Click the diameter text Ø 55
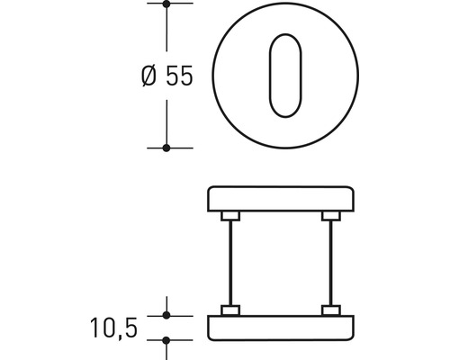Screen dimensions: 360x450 (167, 77)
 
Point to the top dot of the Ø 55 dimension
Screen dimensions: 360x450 (166, 4)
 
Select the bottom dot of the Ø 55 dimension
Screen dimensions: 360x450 (166, 147)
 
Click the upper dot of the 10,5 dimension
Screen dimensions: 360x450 (166, 315)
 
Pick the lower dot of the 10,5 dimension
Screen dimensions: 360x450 (166, 340)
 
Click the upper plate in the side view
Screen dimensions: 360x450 (281, 198)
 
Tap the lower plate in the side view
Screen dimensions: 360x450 (281, 328)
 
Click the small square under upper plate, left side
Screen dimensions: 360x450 (231, 215)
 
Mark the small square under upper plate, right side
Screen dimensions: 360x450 (331, 215)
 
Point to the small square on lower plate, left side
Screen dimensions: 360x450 (231, 311)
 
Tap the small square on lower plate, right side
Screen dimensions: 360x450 (331, 311)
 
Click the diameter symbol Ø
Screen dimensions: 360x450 (149, 77)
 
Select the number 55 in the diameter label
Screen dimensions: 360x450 (179, 77)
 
